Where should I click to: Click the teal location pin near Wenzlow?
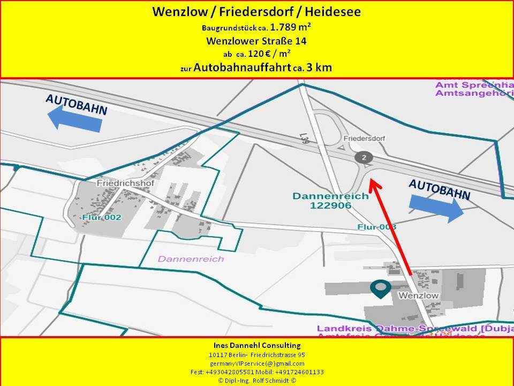(381, 288)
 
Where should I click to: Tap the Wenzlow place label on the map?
(418, 295)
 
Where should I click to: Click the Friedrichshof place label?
(118, 183)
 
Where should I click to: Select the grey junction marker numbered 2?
(364, 157)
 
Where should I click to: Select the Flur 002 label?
(102, 218)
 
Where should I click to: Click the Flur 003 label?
(377, 227)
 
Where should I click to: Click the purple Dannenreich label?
(191, 259)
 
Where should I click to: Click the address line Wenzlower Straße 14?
(256, 40)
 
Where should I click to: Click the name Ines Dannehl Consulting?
(256, 345)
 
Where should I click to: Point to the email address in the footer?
(256, 363)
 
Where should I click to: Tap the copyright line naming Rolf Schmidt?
(256, 380)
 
